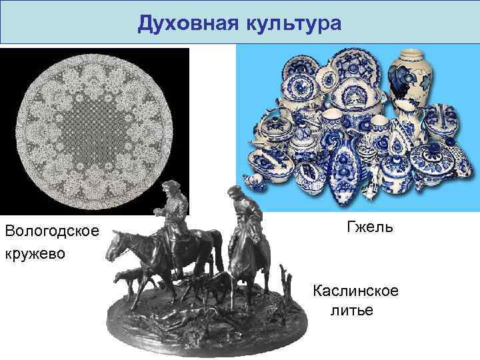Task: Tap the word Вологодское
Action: click(51, 231)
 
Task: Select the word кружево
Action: click(35, 254)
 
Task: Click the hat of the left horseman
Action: click(173, 185)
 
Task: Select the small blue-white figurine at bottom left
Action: click(253, 181)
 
